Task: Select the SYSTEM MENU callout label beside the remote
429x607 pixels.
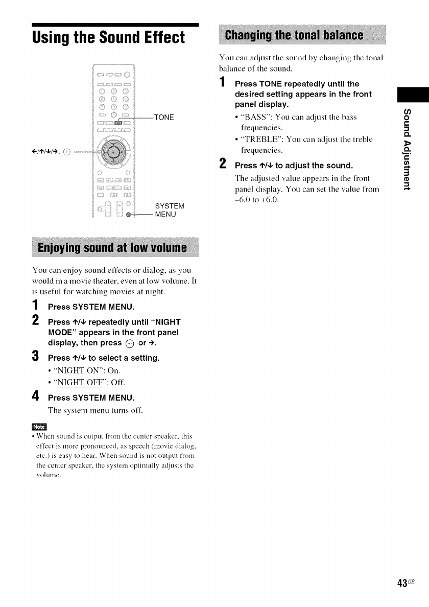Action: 167,210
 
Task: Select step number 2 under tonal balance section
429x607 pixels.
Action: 222,165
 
